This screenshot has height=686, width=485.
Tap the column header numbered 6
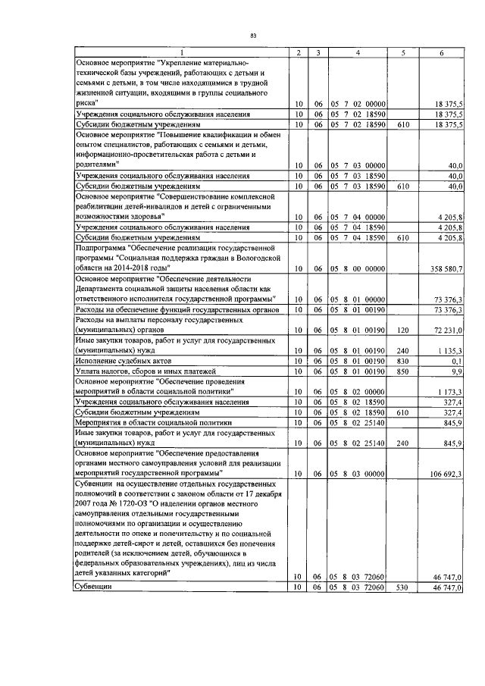[441, 52]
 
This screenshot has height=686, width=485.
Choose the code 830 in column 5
[403, 361]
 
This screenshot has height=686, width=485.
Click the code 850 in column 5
[403, 371]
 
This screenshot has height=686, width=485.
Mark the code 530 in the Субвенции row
[403, 587]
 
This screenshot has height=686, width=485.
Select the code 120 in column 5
[403, 331]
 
